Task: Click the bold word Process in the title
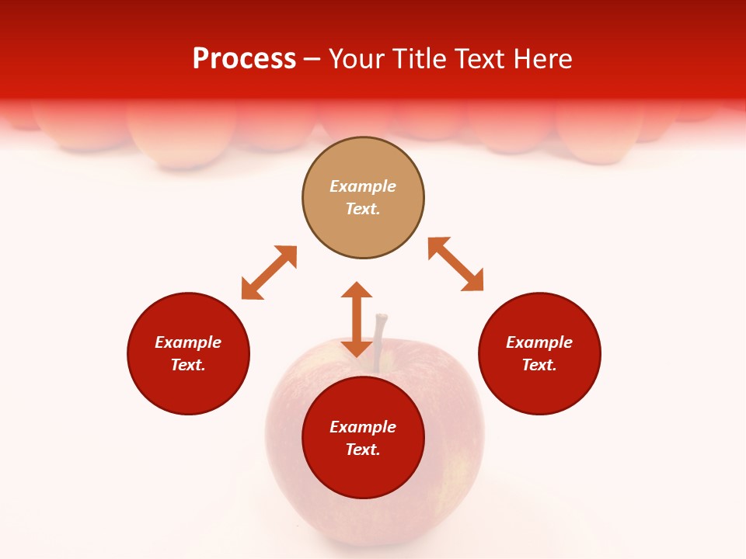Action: tap(244, 59)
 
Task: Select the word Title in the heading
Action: tap(420, 59)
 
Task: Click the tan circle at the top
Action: tap(363, 225)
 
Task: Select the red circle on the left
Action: tap(188, 388)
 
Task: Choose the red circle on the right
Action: tap(539, 388)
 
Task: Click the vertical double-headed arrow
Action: tap(357, 319)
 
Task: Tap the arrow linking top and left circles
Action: tap(269, 273)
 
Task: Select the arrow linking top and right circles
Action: tap(455, 264)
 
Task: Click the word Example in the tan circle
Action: tap(363, 186)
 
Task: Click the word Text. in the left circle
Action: tap(188, 365)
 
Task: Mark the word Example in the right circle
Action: tap(539, 342)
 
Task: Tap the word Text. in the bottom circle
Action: tap(363, 450)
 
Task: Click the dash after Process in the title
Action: tap(312, 60)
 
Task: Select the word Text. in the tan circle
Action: tap(363, 209)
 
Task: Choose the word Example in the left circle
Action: tap(188, 342)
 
